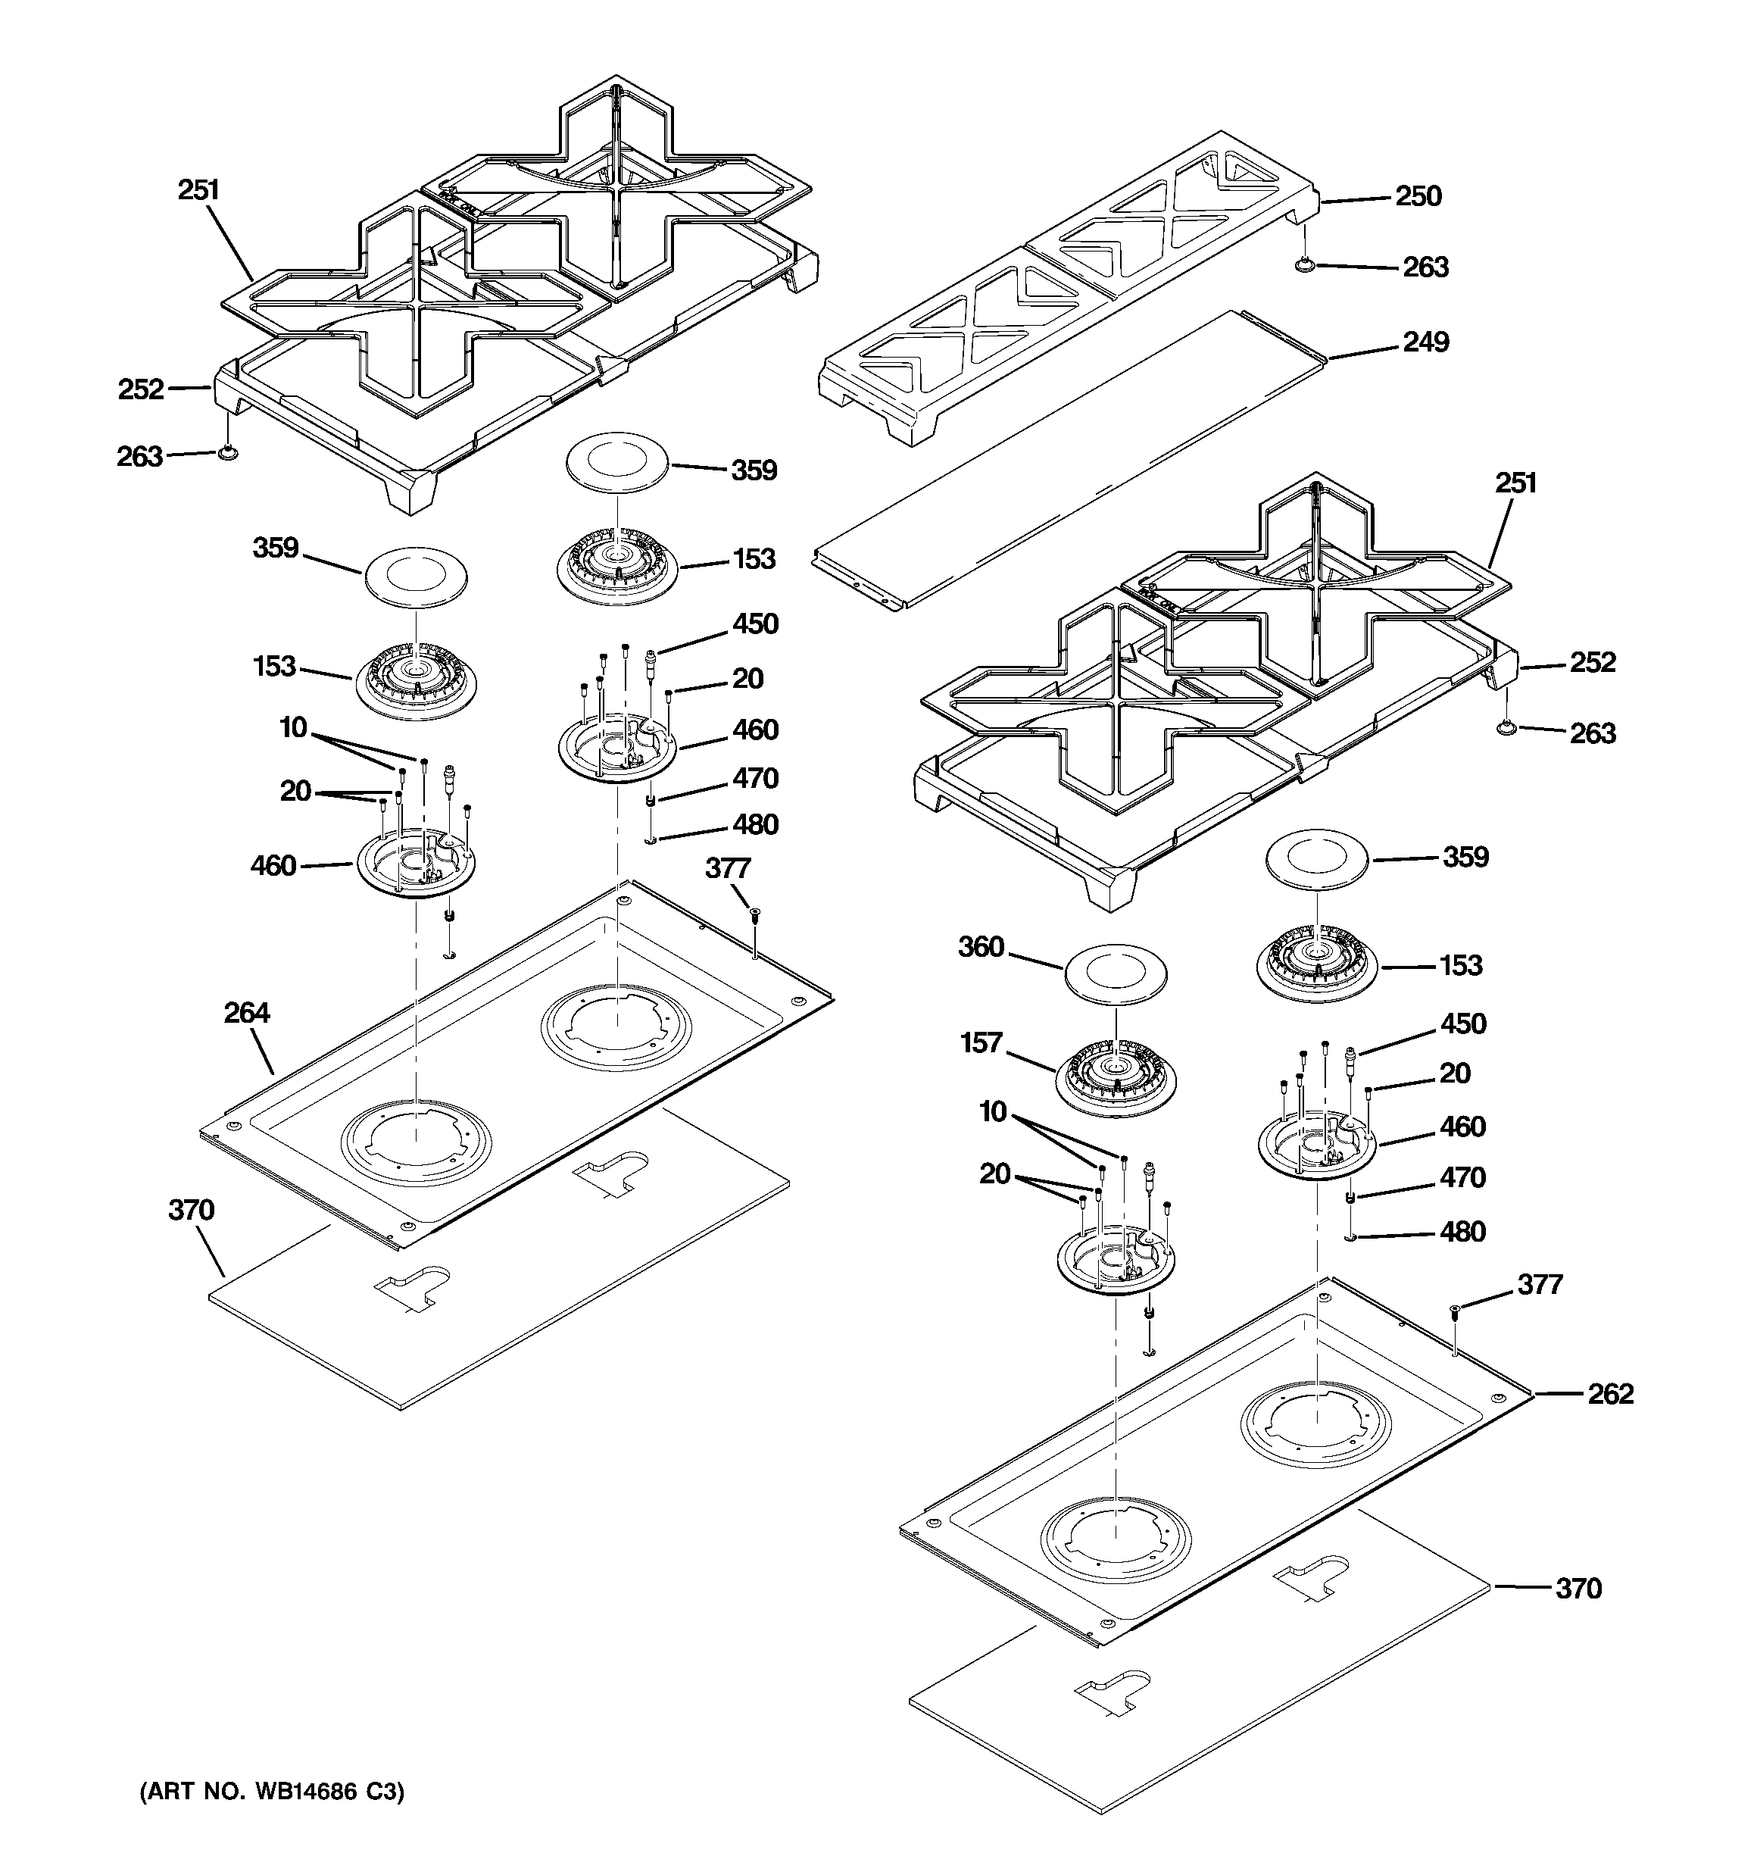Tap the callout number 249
tap(1425, 342)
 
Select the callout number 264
tap(246, 1013)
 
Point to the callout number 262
tap(1610, 1394)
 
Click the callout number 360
tap(981, 947)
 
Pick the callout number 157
tap(981, 1043)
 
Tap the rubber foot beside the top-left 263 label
tap(226, 455)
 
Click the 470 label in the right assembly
tap(1462, 1178)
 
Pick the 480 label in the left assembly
tap(755, 824)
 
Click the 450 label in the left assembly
tap(755, 623)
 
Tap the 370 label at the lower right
tap(1578, 1589)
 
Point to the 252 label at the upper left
tap(141, 389)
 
